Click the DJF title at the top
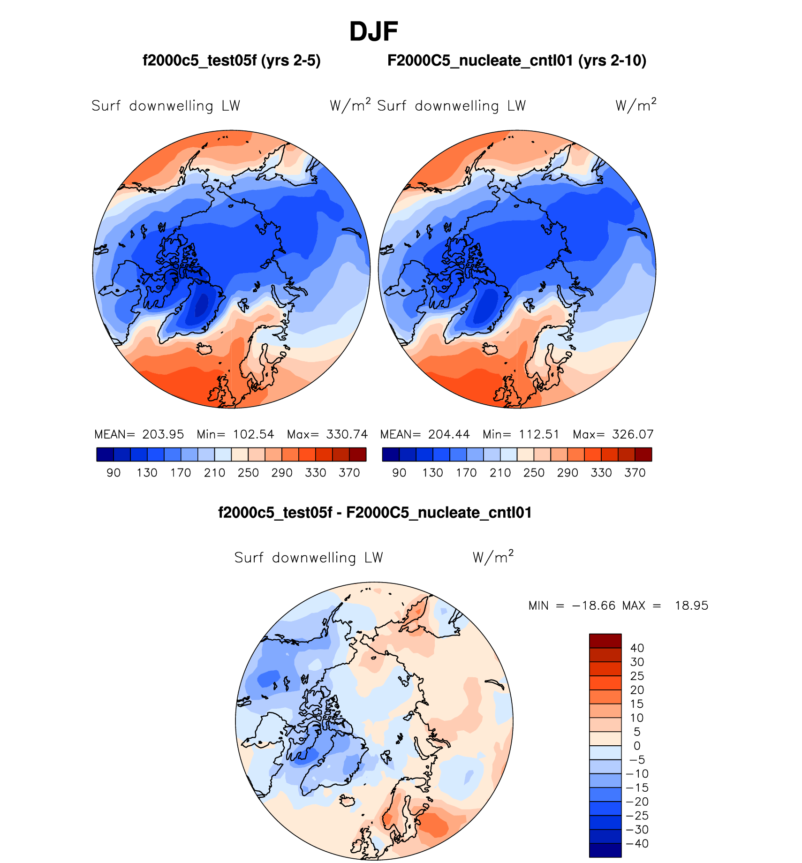[x=373, y=32]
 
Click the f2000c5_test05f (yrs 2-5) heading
[x=231, y=61]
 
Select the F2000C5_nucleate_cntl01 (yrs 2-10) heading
[x=516, y=61]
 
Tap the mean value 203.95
[x=163, y=434]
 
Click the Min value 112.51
[x=539, y=434]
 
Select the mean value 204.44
[x=449, y=434]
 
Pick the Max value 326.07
[x=633, y=434]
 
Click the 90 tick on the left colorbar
[x=113, y=473]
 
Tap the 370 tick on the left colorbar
[x=349, y=473]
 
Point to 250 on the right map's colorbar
[x=534, y=473]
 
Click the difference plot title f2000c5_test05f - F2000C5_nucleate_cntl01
[x=375, y=513]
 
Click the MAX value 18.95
[x=691, y=606]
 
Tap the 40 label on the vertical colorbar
[x=637, y=648]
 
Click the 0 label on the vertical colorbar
[x=637, y=746]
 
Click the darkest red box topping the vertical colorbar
[x=605, y=641]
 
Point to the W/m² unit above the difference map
[x=493, y=557]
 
